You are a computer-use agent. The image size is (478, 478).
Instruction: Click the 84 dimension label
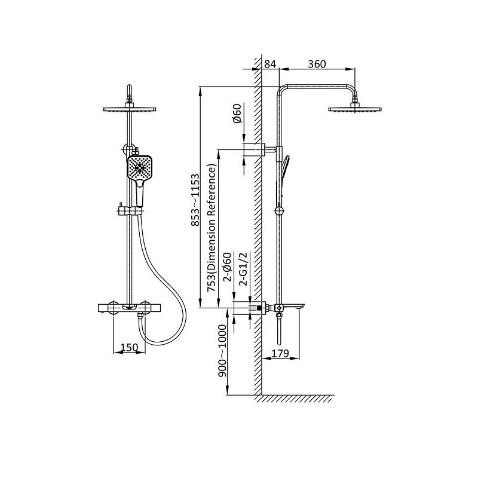pos(270,64)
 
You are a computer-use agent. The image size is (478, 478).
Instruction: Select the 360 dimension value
pos(317,64)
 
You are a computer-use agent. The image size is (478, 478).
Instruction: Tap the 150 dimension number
pos(129,347)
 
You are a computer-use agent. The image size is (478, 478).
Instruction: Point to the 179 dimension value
pos(280,353)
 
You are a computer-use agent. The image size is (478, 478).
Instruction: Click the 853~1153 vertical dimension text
pos(195,200)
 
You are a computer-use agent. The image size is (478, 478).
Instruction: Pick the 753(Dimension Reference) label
pos(212,228)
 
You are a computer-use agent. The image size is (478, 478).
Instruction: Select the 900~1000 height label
pos(222,351)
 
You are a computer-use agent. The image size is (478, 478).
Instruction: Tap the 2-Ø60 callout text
pos(228,267)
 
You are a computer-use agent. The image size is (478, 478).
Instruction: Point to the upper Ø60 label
pos(237,114)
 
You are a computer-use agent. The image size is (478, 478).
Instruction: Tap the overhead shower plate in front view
pos(130,109)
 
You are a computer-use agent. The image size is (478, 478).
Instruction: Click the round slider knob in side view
pos(279,211)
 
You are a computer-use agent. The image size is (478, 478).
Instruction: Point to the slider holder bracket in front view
pos(129,210)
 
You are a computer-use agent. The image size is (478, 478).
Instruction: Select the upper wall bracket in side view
pos(265,149)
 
